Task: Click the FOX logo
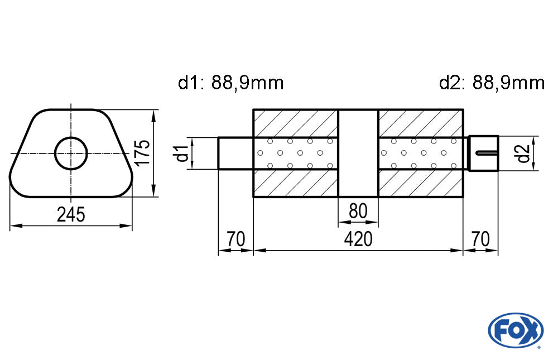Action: (x=516, y=330)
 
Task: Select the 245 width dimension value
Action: (x=71, y=215)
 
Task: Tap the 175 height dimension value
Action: (x=143, y=152)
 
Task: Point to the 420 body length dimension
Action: (x=358, y=238)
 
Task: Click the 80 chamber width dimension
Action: (x=358, y=211)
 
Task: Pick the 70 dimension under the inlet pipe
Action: (x=235, y=238)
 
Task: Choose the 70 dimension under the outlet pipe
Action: (x=480, y=238)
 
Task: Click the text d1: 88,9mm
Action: (x=230, y=83)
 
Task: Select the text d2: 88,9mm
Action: (x=492, y=83)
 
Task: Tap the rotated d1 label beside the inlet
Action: (x=182, y=153)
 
